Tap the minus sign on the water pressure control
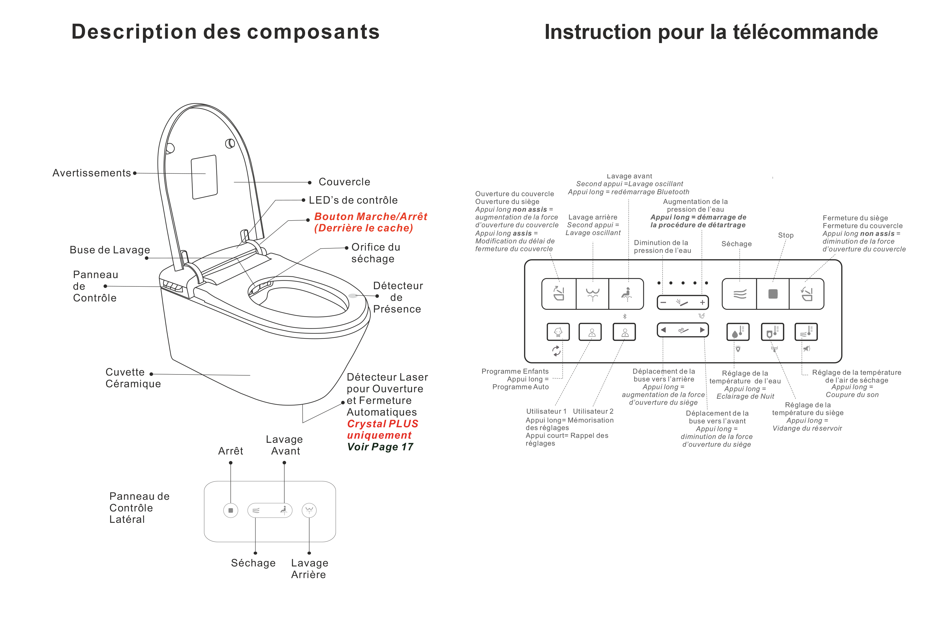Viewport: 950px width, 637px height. pos(664,303)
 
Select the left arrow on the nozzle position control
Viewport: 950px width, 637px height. pos(664,330)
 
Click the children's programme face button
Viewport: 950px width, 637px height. pos(558,332)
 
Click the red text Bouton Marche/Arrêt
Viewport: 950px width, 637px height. pos(370,216)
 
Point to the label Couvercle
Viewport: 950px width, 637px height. pos(344,182)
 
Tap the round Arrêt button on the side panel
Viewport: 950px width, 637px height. pos(231,510)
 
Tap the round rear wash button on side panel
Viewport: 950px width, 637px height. pos(309,510)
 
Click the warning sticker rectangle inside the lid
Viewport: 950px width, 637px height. pos(204,177)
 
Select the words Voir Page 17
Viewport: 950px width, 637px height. pos(380,447)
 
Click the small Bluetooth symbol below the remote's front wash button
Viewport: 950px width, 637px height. pos(625,316)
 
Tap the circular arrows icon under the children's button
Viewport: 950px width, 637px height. pos(556,351)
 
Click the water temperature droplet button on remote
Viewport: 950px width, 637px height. pos(738,332)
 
